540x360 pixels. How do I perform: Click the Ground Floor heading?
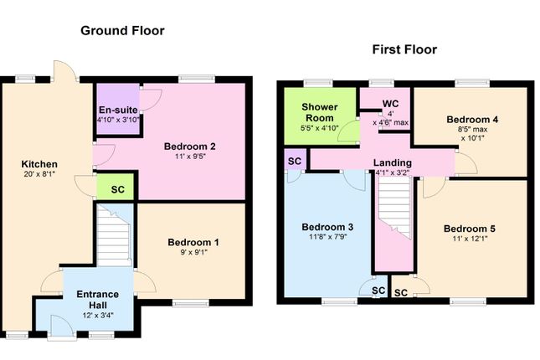tap(122, 31)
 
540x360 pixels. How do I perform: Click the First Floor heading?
tap(404, 49)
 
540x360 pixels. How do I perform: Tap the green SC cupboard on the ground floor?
tap(117, 188)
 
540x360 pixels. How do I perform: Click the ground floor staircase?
tap(115, 234)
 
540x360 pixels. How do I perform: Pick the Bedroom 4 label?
tap(472, 119)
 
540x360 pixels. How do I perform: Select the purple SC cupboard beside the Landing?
tap(295, 161)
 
